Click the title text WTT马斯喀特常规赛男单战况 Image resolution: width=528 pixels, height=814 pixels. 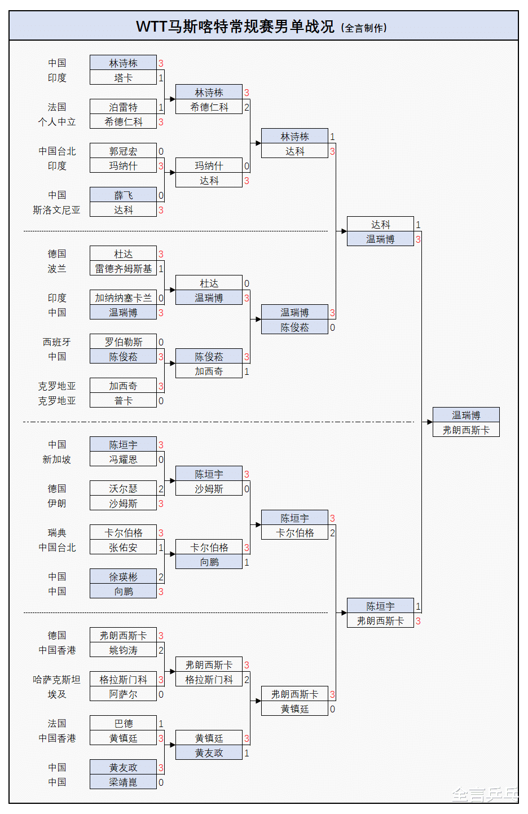[x=235, y=27]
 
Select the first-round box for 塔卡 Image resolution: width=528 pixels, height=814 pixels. [x=123, y=78]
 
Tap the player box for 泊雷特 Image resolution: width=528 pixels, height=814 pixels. [x=123, y=107]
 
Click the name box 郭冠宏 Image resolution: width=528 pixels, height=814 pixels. [x=123, y=151]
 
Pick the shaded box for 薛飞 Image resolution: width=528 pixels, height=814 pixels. [x=123, y=195]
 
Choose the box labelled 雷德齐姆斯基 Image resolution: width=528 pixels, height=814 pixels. [x=123, y=269]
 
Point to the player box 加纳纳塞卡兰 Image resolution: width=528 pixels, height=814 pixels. [x=123, y=298]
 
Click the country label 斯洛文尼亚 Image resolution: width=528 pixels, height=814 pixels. [x=56, y=210]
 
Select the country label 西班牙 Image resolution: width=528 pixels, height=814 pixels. [x=56, y=342]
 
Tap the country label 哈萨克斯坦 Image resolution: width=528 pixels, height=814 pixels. [x=56, y=680]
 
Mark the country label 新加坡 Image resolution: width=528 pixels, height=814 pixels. [x=56, y=459]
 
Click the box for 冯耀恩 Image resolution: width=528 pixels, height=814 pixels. [x=123, y=459]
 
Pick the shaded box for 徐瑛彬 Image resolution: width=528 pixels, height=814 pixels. [x=123, y=577]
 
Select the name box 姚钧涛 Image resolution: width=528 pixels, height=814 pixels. [x=123, y=650]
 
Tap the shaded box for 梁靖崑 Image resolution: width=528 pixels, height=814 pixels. [x=123, y=782]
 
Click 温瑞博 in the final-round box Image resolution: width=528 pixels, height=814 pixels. [x=466, y=415]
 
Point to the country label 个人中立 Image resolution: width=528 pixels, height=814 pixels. [x=56, y=122]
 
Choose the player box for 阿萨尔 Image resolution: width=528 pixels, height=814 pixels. [x=123, y=694]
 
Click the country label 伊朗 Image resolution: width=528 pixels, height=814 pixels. [x=56, y=504]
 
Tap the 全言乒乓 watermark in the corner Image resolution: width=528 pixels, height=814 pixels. [x=485, y=795]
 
